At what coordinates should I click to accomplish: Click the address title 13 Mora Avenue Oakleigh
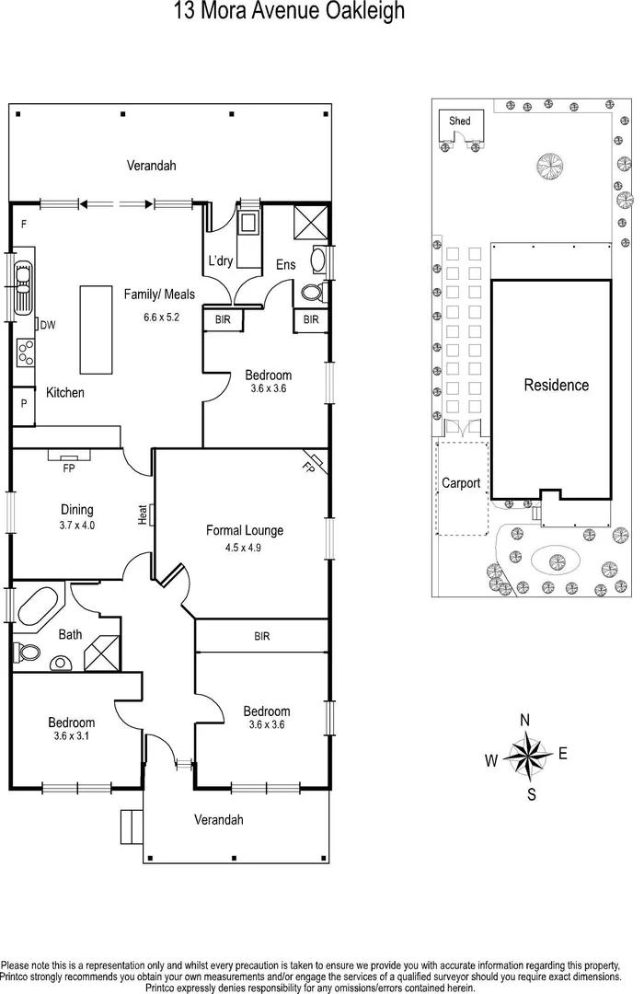pyautogui.click(x=288, y=12)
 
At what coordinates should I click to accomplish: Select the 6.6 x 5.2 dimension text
pyautogui.click(x=160, y=318)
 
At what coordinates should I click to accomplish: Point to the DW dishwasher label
pyautogui.click(x=49, y=325)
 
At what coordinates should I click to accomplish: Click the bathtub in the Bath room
pyautogui.click(x=37, y=607)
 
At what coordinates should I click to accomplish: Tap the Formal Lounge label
pyautogui.click(x=244, y=530)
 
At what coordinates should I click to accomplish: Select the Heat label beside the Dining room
pyautogui.click(x=144, y=514)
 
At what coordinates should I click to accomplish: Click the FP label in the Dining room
pyautogui.click(x=68, y=468)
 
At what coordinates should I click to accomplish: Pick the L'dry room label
pyautogui.click(x=221, y=261)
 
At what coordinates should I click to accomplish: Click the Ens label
pyautogui.click(x=285, y=265)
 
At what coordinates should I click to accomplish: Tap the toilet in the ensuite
pyautogui.click(x=311, y=294)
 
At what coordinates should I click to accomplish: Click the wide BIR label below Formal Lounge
pyautogui.click(x=262, y=636)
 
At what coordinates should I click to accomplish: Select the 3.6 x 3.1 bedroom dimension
pyautogui.click(x=71, y=736)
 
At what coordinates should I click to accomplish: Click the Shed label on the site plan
pyautogui.click(x=459, y=121)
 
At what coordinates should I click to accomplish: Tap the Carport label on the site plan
pyautogui.click(x=461, y=482)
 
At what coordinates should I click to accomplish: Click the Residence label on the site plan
pyautogui.click(x=556, y=385)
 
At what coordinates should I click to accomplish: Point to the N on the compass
pyautogui.click(x=524, y=721)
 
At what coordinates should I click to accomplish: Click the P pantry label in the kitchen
pyautogui.click(x=22, y=404)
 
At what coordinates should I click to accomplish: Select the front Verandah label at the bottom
pyautogui.click(x=219, y=819)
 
